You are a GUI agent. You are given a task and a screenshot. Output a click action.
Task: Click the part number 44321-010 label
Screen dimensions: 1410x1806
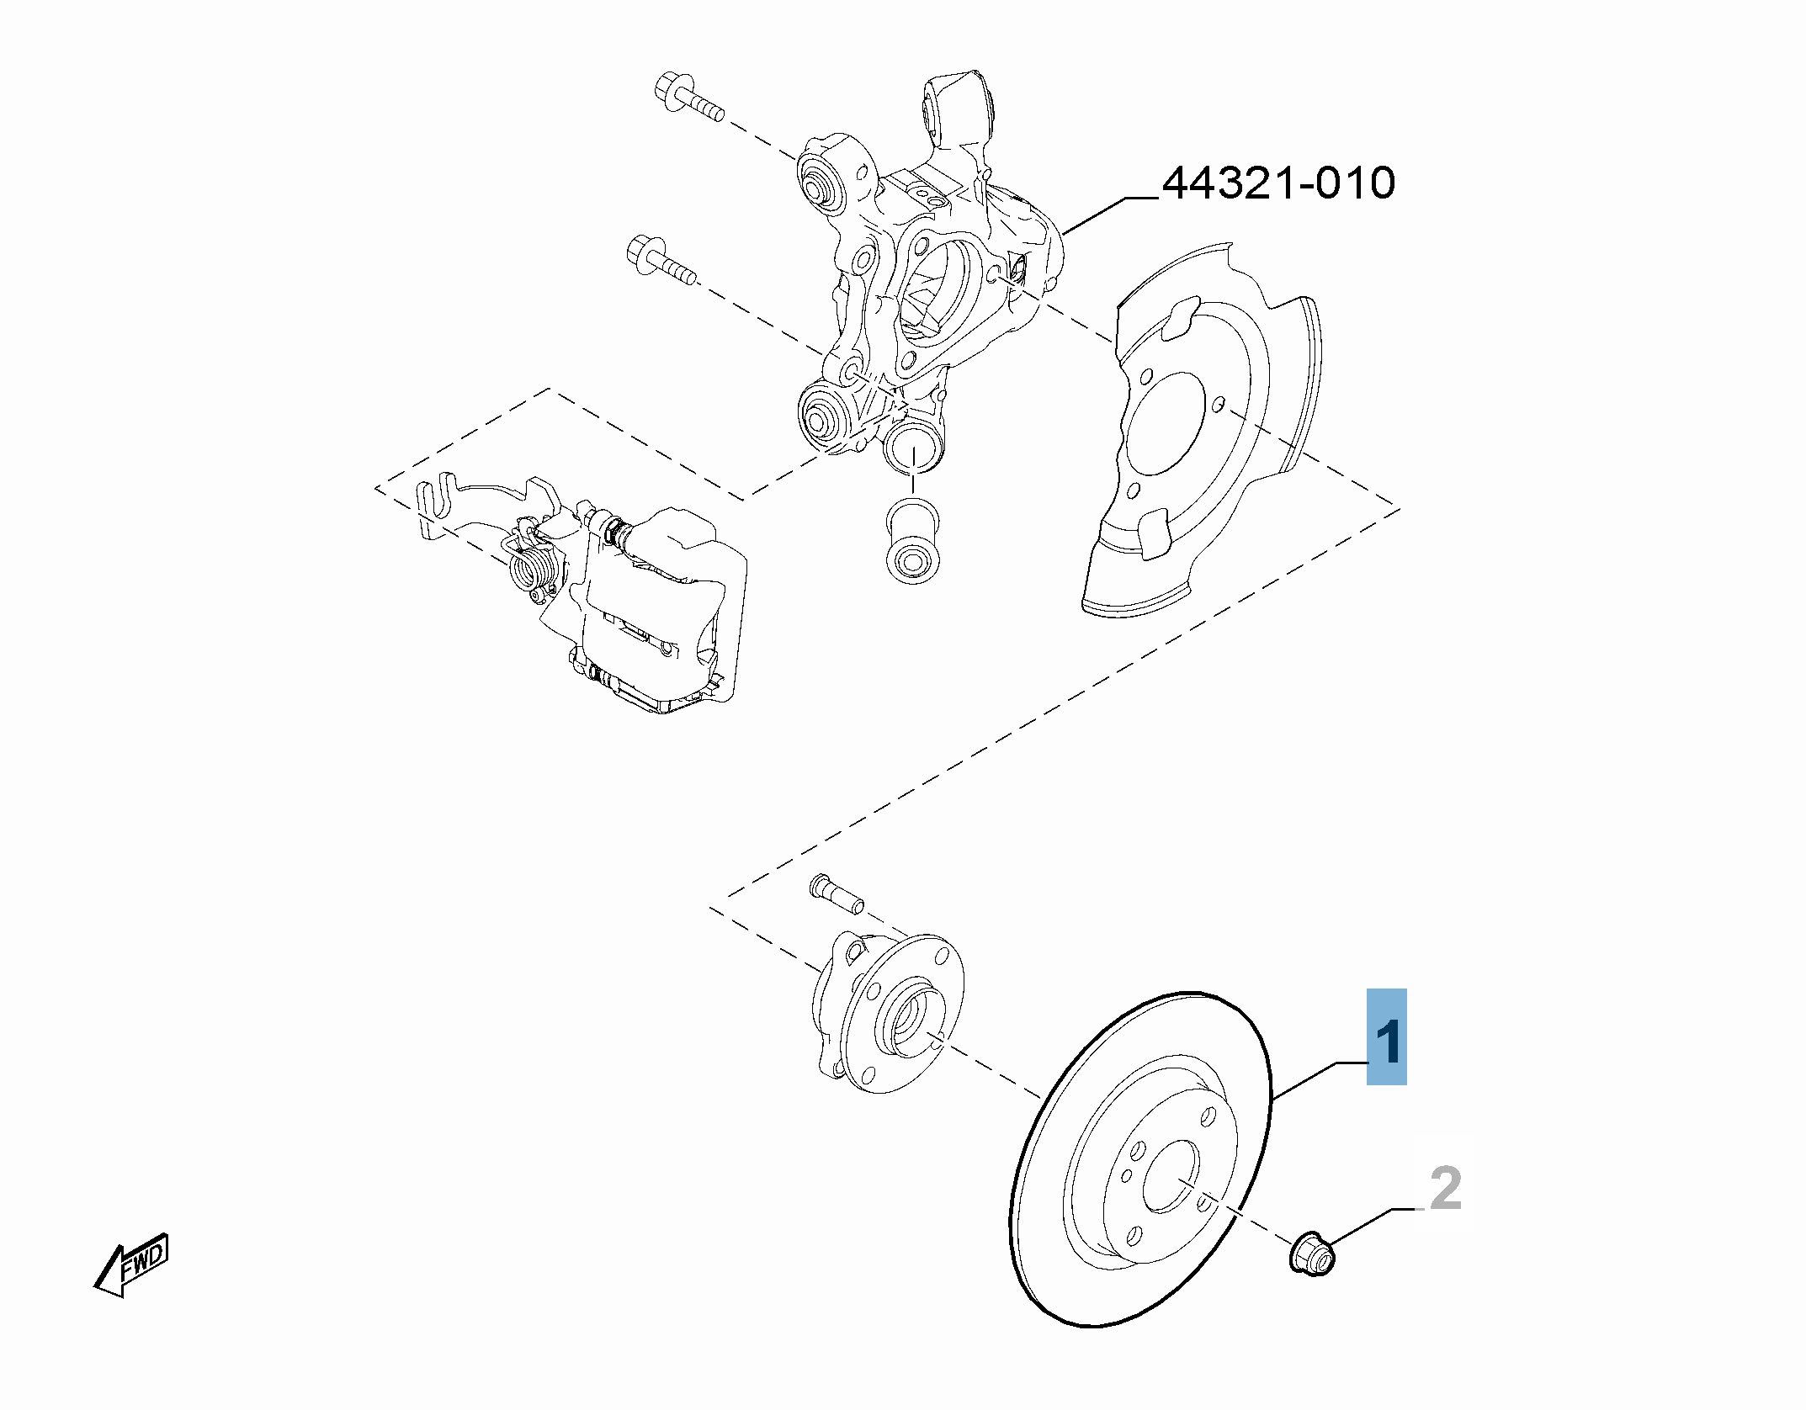click(1277, 184)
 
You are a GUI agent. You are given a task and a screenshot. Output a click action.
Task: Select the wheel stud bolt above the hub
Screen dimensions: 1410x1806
click(837, 893)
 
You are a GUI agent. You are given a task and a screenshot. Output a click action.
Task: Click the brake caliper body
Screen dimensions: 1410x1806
click(665, 606)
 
